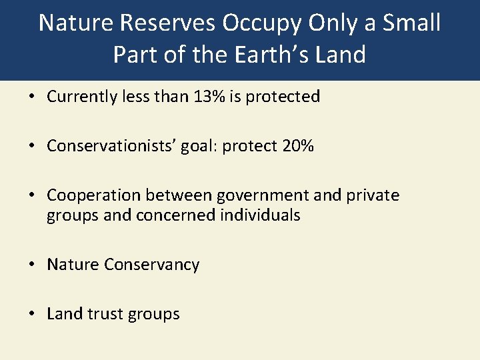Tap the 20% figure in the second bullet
pos(297,146)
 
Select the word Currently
pos(81,97)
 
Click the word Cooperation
pos(94,195)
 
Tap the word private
pos(373,195)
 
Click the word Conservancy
pos(151,265)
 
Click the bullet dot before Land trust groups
pos(33,314)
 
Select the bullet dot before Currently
pos(33,97)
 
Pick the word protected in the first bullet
pos(283,97)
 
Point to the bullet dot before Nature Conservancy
pos(33,265)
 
